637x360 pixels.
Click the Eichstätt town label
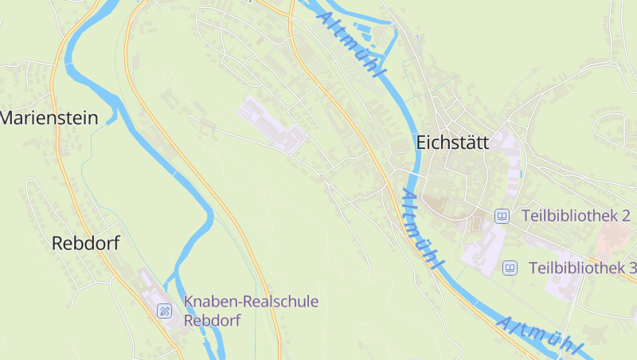point(452,143)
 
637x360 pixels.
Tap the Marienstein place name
point(49,118)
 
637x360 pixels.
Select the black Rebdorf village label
point(85,243)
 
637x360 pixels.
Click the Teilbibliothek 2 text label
point(576,216)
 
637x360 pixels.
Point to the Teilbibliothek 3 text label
point(582,268)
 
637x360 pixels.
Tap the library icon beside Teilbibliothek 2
point(502,216)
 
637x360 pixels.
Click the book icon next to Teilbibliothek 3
point(510,268)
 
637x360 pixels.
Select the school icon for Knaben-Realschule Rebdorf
point(165,311)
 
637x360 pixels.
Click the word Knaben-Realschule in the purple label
point(251,302)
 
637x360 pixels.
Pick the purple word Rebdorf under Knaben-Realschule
point(212,320)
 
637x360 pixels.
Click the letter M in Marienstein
point(9,118)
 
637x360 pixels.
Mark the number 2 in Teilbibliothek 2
point(626,216)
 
